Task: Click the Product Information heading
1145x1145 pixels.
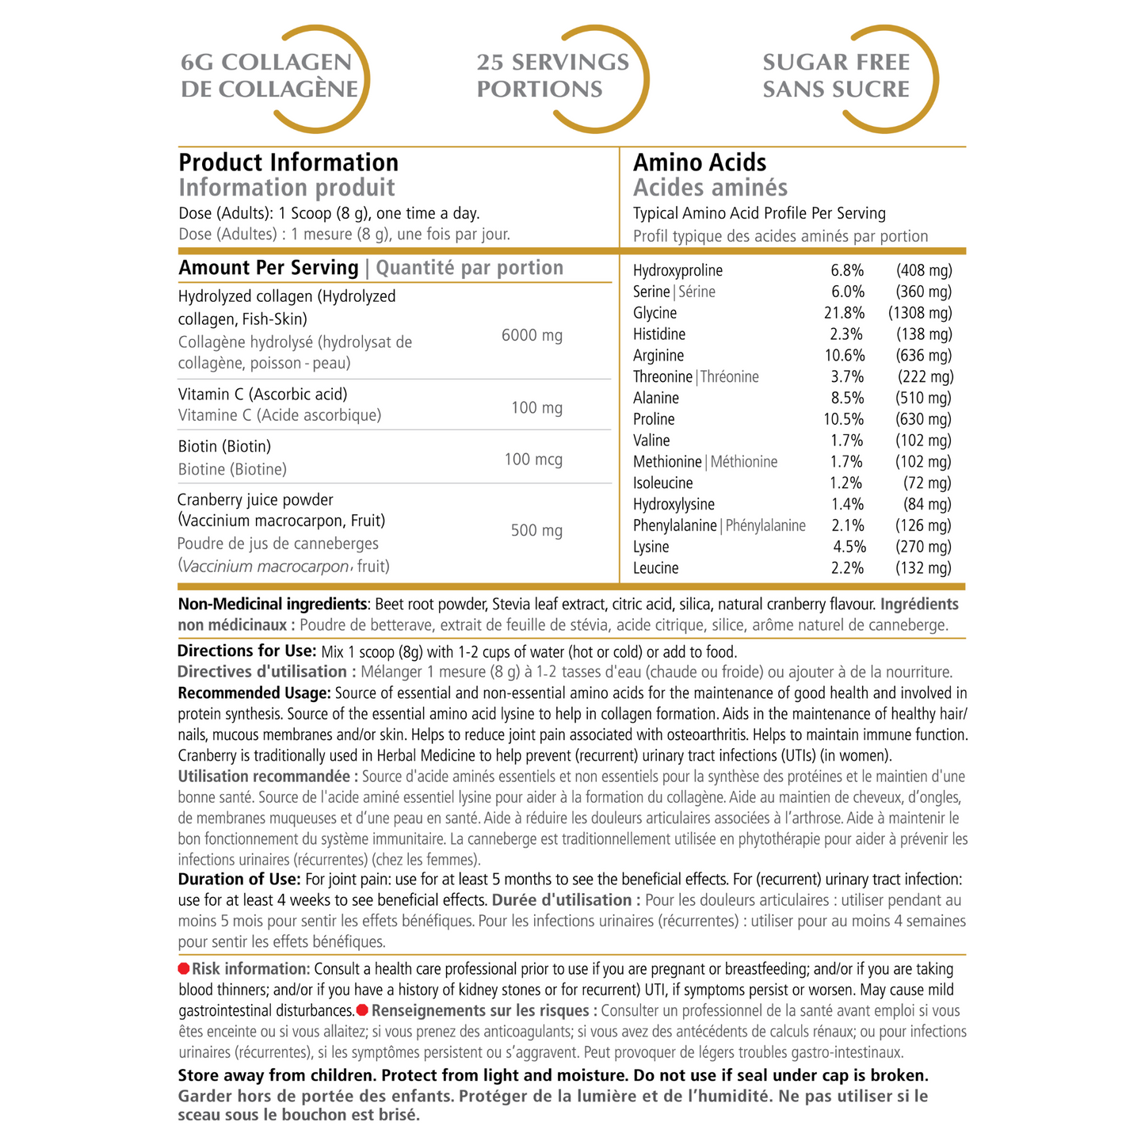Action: [288, 162]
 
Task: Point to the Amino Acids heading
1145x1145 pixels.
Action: [700, 162]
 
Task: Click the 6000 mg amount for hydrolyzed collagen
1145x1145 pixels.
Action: [532, 335]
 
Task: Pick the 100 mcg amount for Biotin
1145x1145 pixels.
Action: [533, 460]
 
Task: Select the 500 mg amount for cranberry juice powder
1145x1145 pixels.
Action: [536, 530]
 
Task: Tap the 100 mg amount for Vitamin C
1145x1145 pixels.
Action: [536, 408]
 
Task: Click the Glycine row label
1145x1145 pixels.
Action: [655, 313]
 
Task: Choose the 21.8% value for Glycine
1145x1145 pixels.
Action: [844, 313]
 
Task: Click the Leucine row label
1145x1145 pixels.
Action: [655, 568]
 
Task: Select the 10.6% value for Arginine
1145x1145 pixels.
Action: [844, 356]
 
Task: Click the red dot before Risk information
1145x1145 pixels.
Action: [184, 969]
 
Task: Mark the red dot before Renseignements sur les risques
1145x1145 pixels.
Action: [362, 1010]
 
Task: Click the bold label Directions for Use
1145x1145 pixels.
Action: [247, 651]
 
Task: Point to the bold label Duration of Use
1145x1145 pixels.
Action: [239, 880]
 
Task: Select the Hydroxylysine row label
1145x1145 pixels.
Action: [674, 505]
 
